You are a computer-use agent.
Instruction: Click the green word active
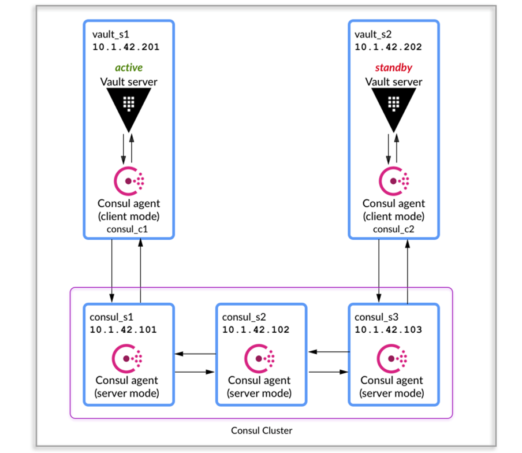[x=128, y=68]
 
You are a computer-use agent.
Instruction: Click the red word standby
[x=393, y=68]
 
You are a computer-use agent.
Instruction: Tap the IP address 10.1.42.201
[x=126, y=47]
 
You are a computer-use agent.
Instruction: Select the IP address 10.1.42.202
[x=388, y=47]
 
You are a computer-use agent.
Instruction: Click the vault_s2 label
[x=372, y=35]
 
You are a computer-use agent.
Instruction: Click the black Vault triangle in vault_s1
[x=128, y=107]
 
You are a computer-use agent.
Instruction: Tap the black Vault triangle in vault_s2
[x=393, y=107]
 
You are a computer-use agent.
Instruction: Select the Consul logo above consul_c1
[x=128, y=181]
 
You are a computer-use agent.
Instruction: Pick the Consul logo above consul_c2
[x=393, y=181]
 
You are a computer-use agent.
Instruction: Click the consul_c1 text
[x=128, y=229]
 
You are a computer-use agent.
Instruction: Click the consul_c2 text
[x=393, y=229]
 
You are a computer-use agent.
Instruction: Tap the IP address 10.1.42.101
[x=123, y=330]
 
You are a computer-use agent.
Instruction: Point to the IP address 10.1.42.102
[x=256, y=330]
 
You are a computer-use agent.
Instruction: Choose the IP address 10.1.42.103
[x=388, y=330]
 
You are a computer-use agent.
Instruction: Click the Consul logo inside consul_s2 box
[x=259, y=358]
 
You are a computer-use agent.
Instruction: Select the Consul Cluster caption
[x=262, y=430]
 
